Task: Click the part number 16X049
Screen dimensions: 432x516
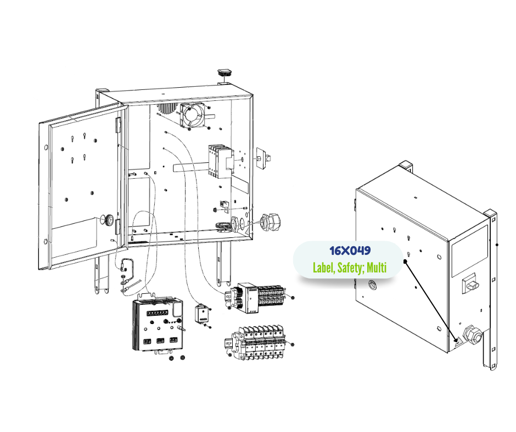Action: [350, 251]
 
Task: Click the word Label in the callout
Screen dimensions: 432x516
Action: [323, 268]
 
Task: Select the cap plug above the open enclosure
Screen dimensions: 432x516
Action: [225, 72]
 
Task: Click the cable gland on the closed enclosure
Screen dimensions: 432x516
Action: [470, 333]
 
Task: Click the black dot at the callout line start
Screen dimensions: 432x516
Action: [405, 262]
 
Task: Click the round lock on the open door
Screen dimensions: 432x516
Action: [109, 220]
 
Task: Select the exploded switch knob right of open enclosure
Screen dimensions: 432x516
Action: [262, 157]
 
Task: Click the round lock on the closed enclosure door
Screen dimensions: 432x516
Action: [373, 285]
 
